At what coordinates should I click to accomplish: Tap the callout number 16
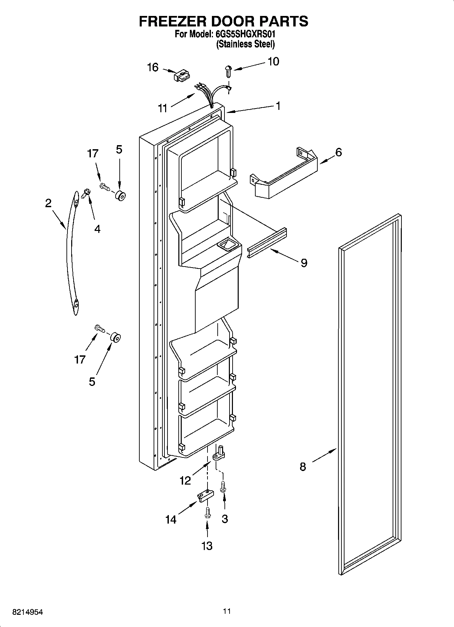[153, 67]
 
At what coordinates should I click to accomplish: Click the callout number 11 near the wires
[163, 109]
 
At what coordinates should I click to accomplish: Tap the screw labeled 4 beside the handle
[85, 194]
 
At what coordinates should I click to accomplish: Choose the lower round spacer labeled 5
[116, 338]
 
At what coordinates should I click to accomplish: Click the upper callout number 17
[93, 154]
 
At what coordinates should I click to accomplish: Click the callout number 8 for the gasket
[303, 467]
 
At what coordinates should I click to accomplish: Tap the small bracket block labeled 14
[205, 495]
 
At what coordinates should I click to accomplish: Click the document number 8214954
[28, 612]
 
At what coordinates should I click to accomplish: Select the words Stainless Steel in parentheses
[245, 44]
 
